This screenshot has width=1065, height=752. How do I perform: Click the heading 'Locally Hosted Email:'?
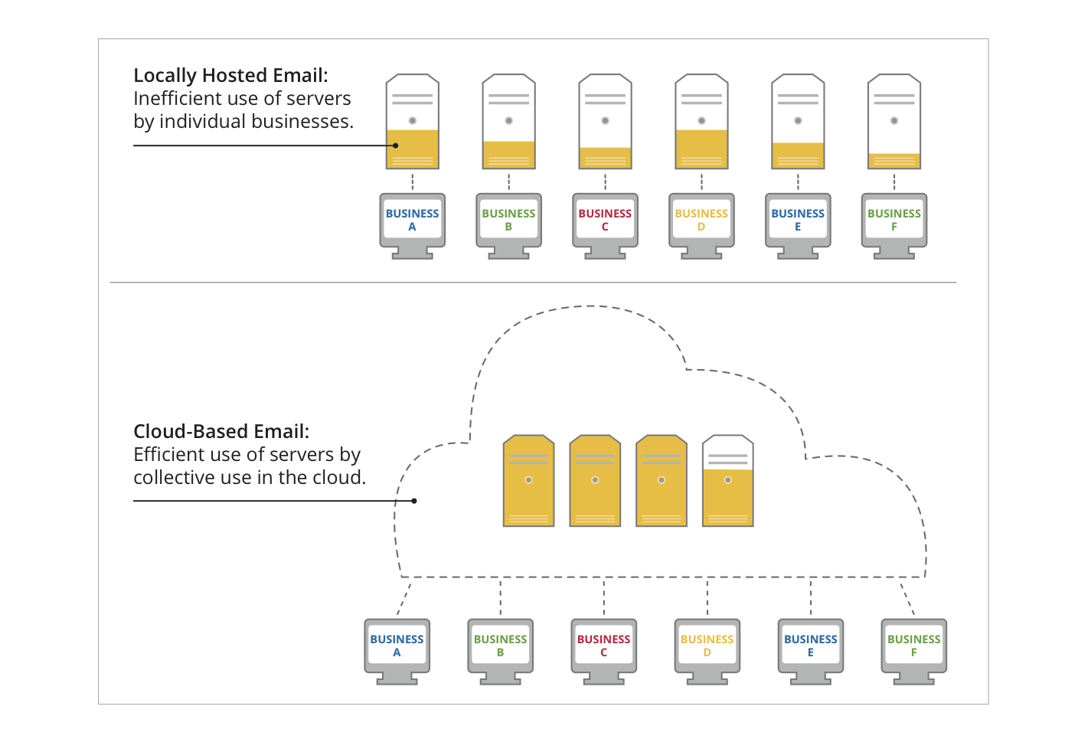point(230,76)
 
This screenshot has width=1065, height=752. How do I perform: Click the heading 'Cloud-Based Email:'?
point(221,432)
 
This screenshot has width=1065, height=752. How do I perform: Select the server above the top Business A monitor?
point(413,122)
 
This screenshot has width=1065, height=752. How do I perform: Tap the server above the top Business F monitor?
point(894,122)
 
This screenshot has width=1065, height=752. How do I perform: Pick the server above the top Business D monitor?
point(701,122)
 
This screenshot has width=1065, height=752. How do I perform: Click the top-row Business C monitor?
point(605,221)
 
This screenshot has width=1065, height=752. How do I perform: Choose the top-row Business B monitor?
point(508,221)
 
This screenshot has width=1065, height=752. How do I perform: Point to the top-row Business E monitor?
point(798,221)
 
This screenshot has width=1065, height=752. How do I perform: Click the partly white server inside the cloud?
point(728,481)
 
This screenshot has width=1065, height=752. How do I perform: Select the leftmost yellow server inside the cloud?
point(528,481)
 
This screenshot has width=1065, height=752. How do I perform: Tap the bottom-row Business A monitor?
point(397,646)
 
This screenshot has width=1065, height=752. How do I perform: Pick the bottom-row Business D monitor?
point(707,646)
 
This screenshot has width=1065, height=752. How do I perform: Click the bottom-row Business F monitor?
point(914,646)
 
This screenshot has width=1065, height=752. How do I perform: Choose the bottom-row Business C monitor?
point(604,646)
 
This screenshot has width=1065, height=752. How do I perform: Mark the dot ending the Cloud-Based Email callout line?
point(414,501)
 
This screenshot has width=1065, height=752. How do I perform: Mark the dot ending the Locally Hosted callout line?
point(396,145)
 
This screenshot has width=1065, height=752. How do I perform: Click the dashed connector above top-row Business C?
point(605,181)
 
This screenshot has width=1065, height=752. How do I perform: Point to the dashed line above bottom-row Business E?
point(811,597)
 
